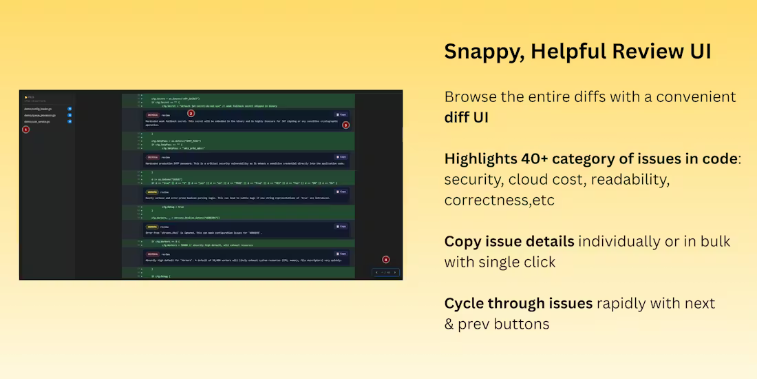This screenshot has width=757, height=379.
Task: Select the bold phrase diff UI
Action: click(x=467, y=117)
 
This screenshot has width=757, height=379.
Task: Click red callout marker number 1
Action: click(x=26, y=129)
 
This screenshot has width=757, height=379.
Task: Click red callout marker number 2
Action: click(x=191, y=113)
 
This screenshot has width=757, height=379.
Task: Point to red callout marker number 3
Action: click(x=345, y=125)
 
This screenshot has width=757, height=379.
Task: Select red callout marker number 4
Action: click(x=385, y=260)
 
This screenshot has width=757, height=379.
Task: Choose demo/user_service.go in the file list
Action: click(x=37, y=121)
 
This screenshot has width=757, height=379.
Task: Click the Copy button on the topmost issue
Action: click(x=341, y=114)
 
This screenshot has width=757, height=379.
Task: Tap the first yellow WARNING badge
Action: click(x=151, y=192)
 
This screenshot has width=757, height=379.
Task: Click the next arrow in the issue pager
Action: click(x=395, y=272)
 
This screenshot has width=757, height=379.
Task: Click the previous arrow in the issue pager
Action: click(x=376, y=272)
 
